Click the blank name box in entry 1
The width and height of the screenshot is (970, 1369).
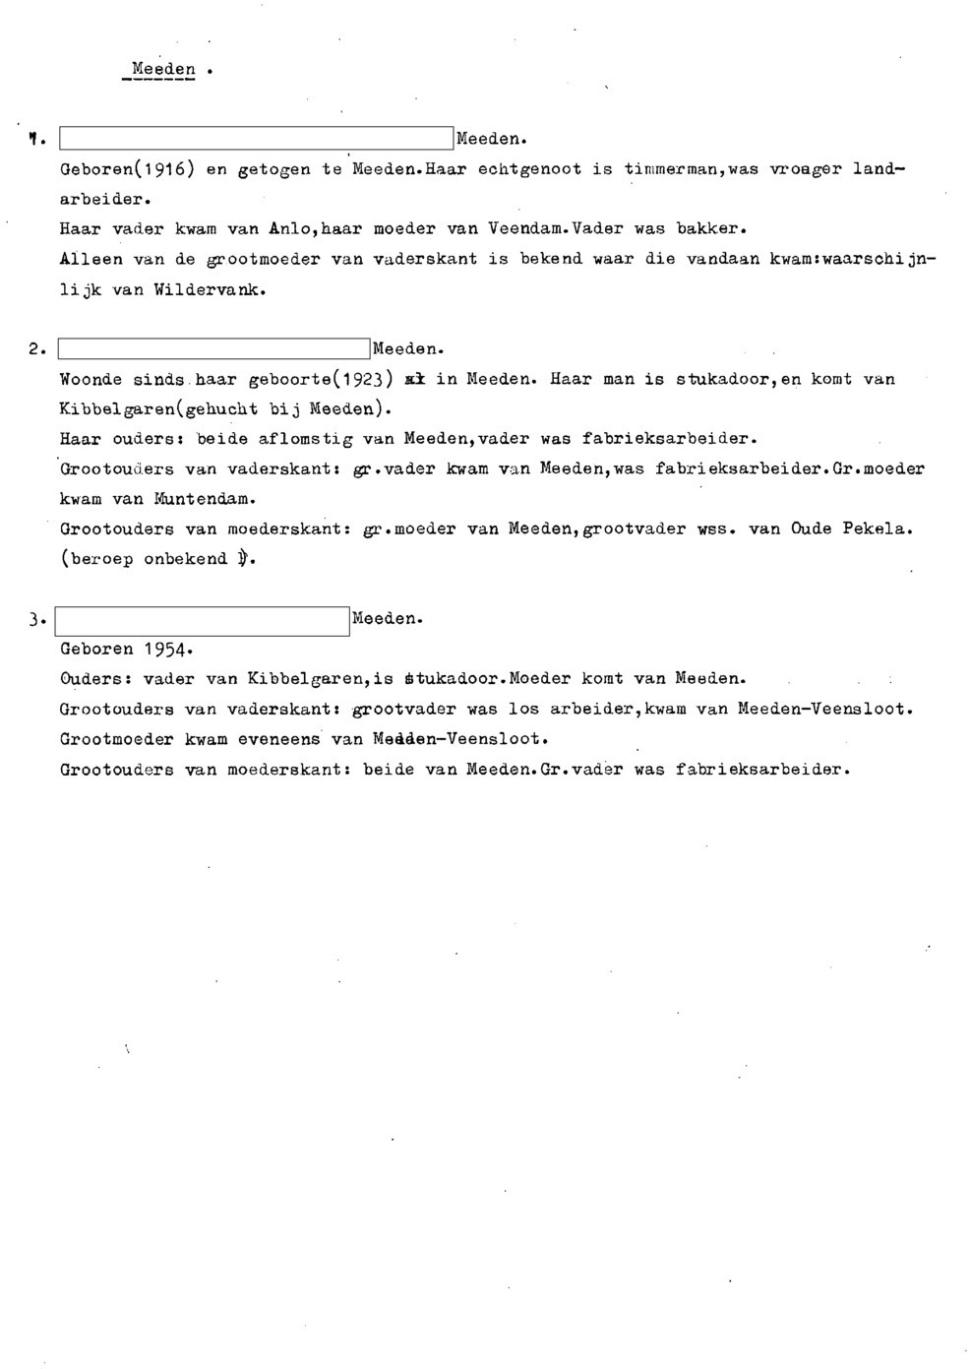pyautogui.click(x=256, y=139)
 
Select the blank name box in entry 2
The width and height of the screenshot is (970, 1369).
pyautogui.click(x=214, y=349)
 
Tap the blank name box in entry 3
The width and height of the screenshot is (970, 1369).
pyautogui.click(x=203, y=621)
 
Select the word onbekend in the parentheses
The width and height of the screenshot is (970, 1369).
pyautogui.click(x=185, y=560)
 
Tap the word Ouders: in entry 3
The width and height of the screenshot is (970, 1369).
pyautogui.click(x=95, y=679)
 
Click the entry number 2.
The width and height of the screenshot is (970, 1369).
pyautogui.click(x=34, y=349)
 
